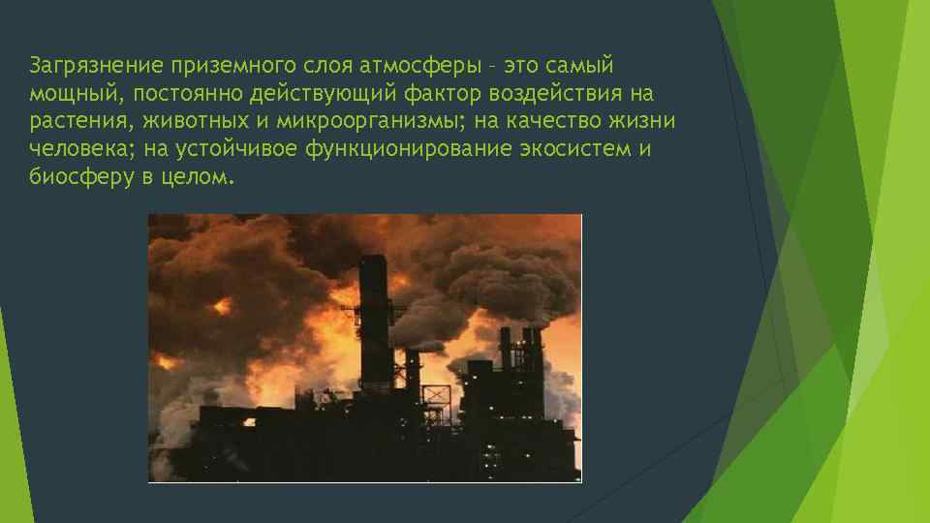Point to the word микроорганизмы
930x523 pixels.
pyautogui.click(x=379, y=122)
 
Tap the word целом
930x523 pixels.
pyautogui.click(x=199, y=178)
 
